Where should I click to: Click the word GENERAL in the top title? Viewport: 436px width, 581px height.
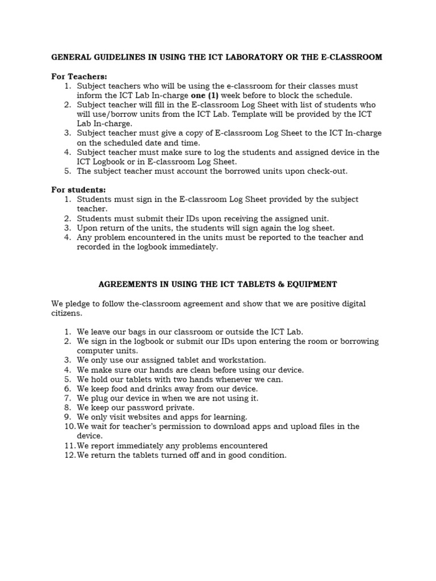[x=71, y=57]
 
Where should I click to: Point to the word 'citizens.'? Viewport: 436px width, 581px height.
[x=67, y=313]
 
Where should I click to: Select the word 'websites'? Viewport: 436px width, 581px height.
[x=146, y=417]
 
